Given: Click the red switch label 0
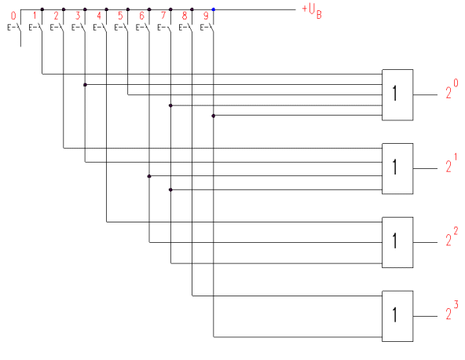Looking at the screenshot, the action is [x=13, y=16].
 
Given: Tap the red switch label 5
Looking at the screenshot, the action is [x=120, y=16].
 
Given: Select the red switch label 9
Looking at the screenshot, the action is [x=206, y=16].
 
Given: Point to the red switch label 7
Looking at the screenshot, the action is [x=163, y=16].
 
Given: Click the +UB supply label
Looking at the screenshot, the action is [x=312, y=12].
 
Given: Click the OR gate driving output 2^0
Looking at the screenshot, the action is [x=397, y=95].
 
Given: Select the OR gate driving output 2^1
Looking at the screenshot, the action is [x=397, y=168].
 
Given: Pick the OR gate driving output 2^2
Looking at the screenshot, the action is [x=397, y=242].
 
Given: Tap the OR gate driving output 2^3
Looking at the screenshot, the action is [x=397, y=316].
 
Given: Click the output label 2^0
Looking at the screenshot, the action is [x=452, y=89].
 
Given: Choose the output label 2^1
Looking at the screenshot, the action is [x=452, y=163].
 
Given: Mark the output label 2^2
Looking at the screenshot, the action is [x=452, y=237].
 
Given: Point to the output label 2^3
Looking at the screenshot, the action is [x=452, y=310].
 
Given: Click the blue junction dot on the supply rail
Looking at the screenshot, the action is [x=213, y=9].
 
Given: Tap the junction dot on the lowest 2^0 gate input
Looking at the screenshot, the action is [x=213, y=116].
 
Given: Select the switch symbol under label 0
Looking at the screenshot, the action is [x=14, y=28].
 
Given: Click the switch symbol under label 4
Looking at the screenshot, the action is [x=100, y=28].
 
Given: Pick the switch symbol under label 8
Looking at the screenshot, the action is [x=185, y=28].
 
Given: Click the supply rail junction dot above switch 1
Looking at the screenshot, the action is [x=42, y=9].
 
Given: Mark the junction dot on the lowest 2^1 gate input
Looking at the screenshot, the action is [x=170, y=189].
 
